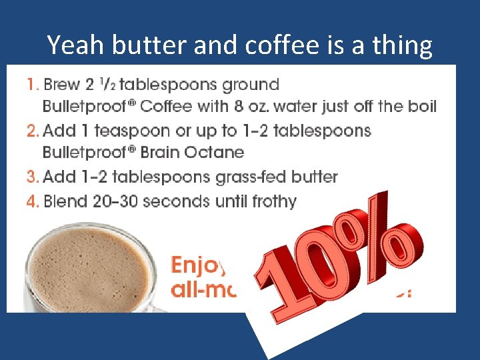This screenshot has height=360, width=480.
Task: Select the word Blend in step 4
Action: pos(64,201)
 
